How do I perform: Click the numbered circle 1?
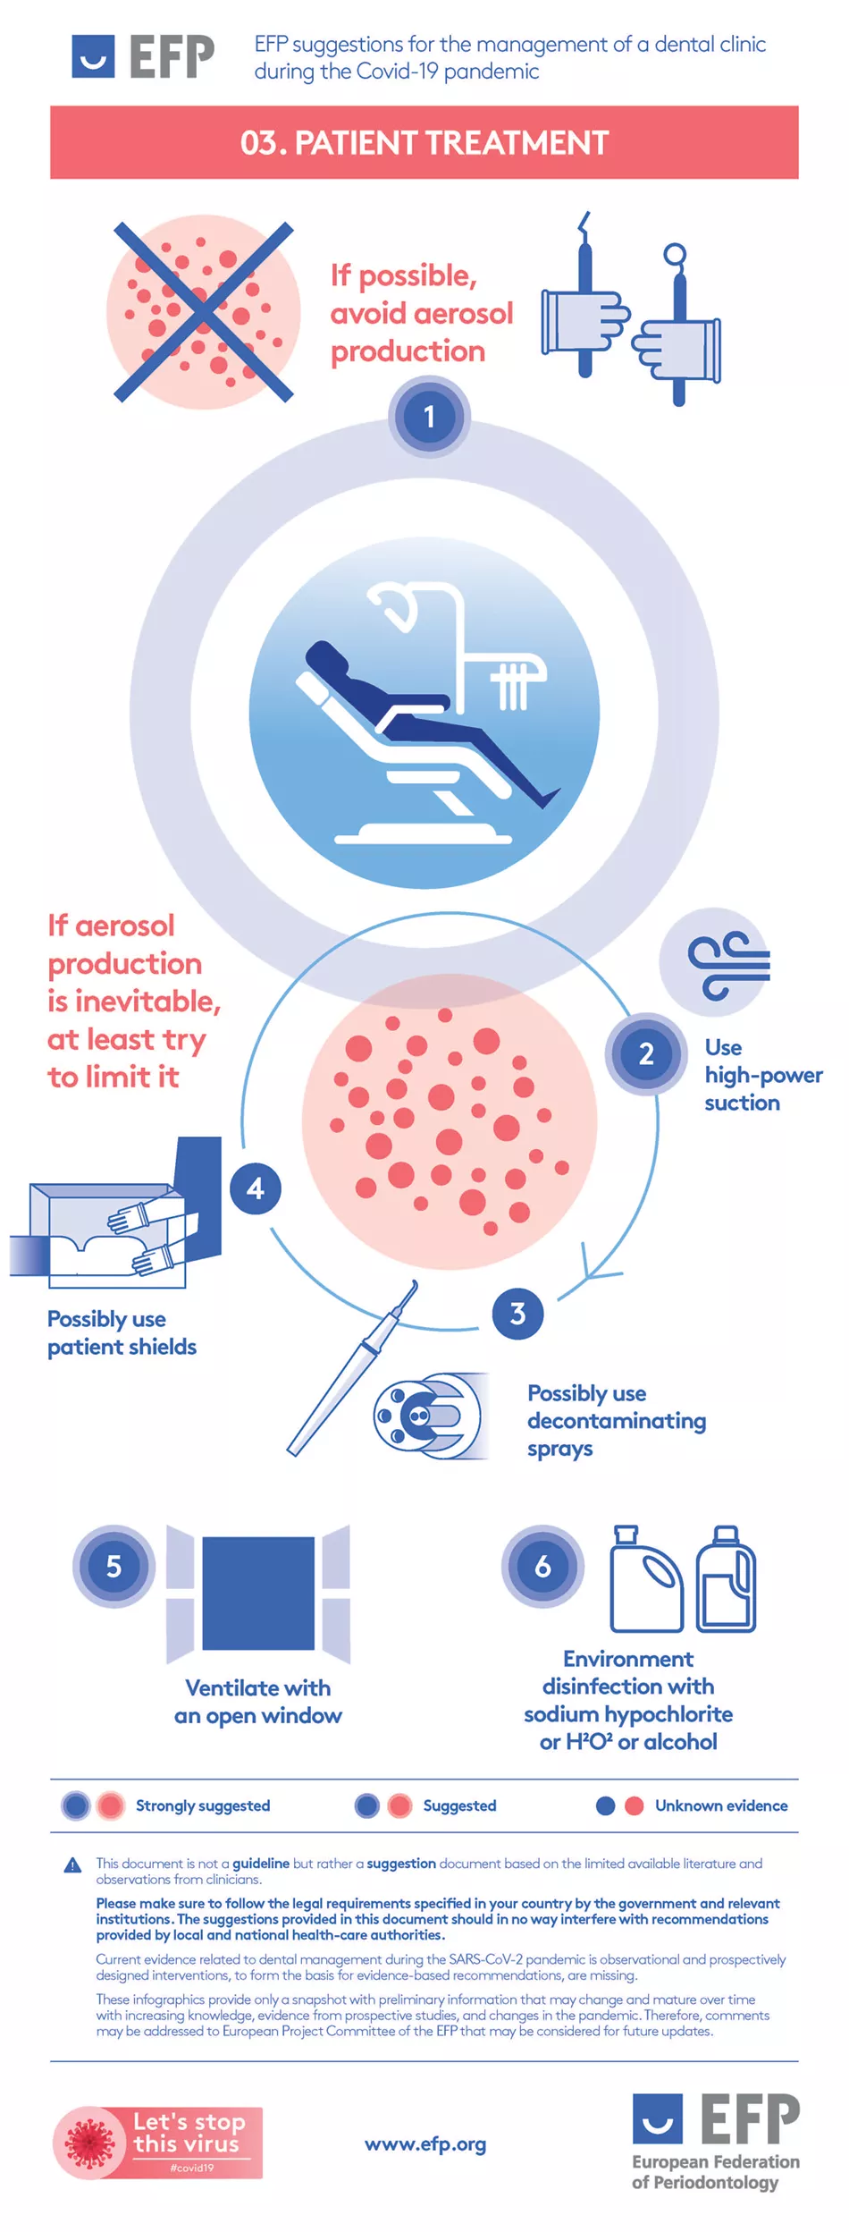[429, 417]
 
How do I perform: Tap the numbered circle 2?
[646, 1053]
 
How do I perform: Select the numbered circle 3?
[517, 1314]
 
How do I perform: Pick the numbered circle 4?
[256, 1188]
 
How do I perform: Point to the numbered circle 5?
[113, 1566]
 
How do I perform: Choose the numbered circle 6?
[542, 1566]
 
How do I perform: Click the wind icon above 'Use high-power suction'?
[726, 963]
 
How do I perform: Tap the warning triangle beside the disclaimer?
[73, 1865]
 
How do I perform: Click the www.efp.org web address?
[425, 2143]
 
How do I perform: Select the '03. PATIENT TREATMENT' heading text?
[424, 143]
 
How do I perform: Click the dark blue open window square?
[258, 1593]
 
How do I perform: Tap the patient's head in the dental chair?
[327, 660]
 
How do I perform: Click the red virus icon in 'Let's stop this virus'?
[89, 2143]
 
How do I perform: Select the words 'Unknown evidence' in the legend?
[721, 1805]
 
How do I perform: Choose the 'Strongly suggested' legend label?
[203, 1805]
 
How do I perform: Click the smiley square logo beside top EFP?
[93, 56]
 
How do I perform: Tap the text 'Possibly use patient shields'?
[122, 1332]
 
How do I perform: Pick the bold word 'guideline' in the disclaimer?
[261, 1864]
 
